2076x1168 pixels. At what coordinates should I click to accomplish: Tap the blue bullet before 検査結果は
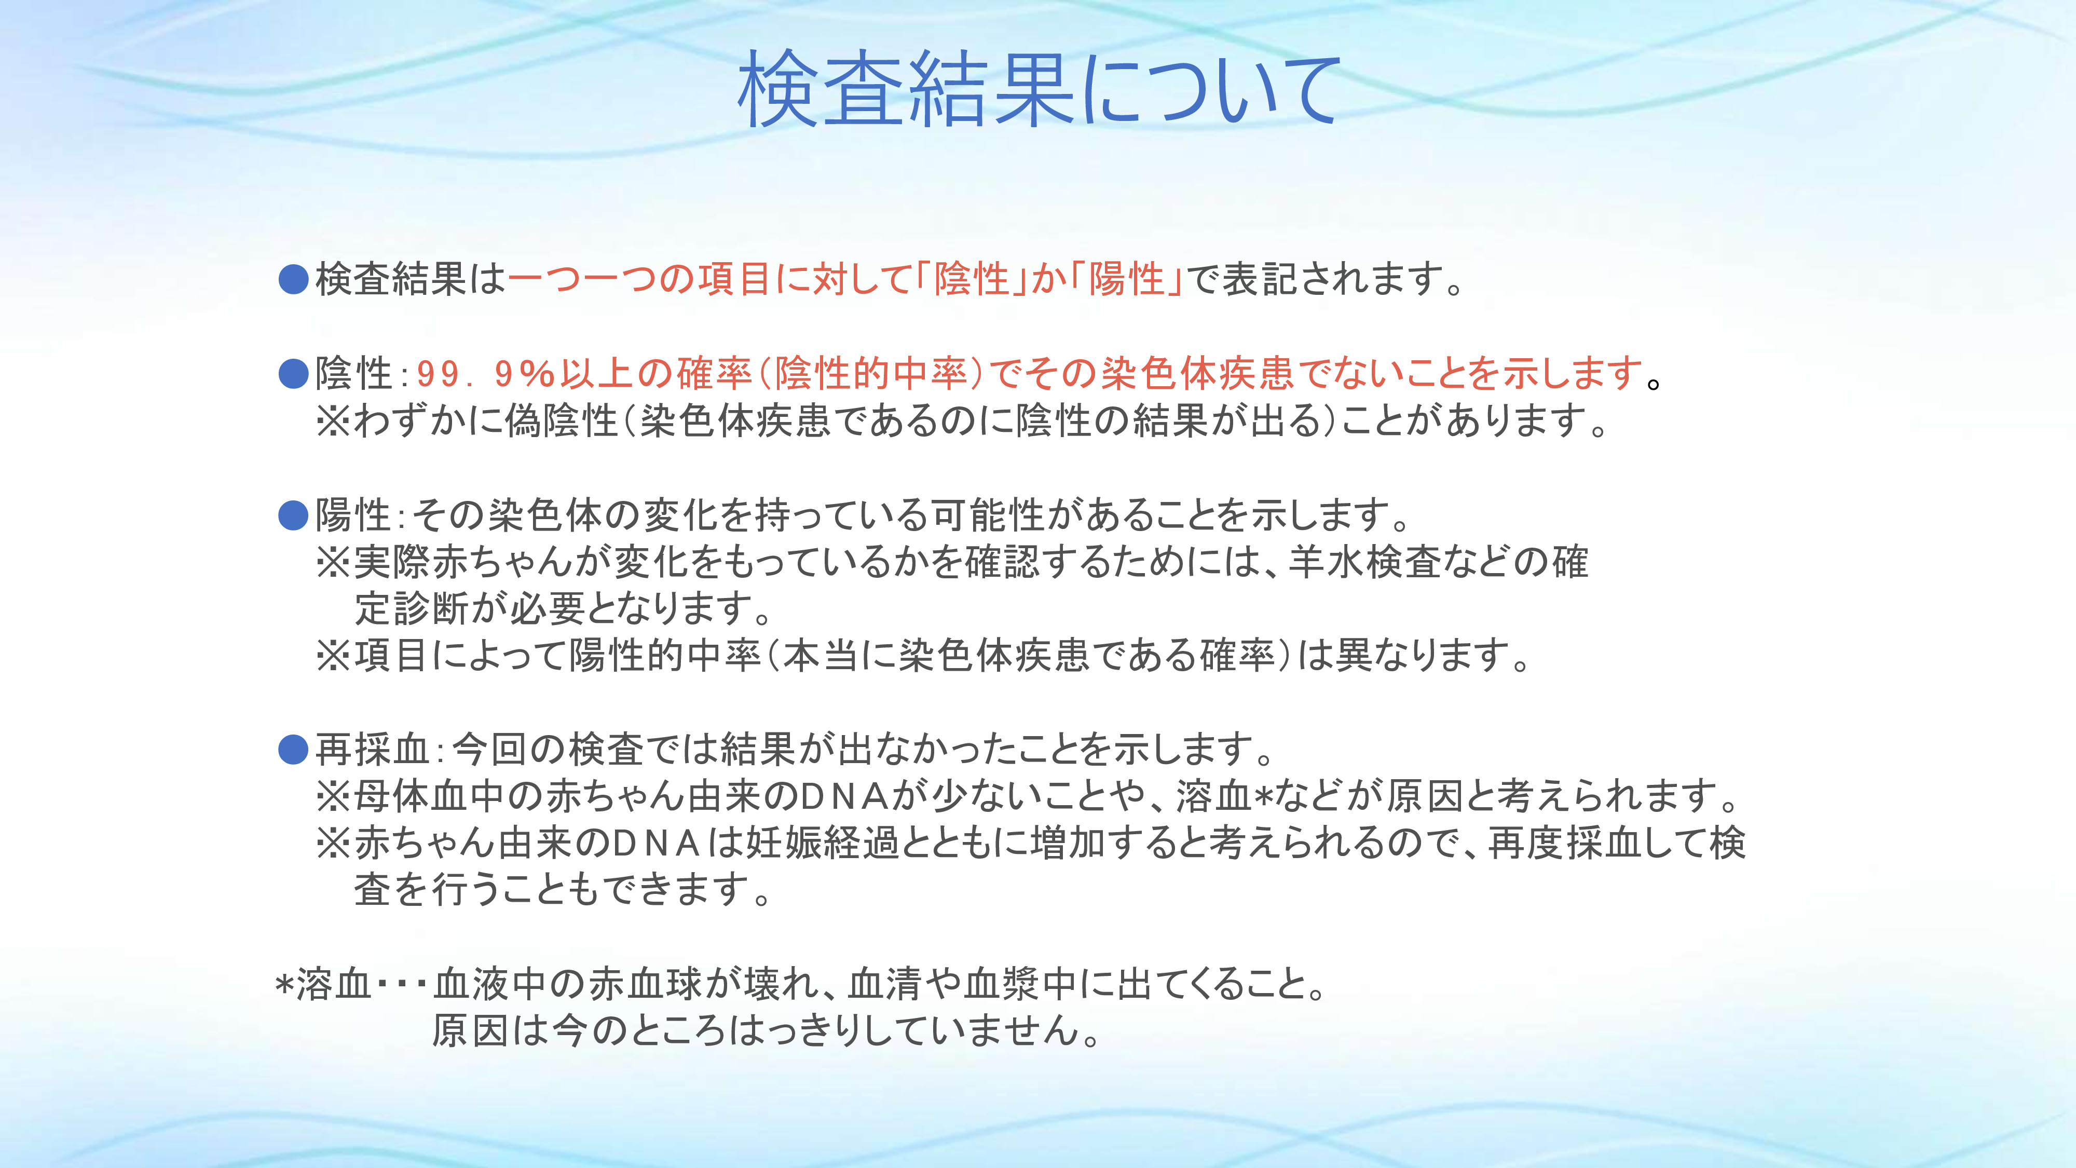tap(293, 280)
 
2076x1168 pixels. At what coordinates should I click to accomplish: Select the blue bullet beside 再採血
tap(293, 750)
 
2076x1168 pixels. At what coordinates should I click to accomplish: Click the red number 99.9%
tap(486, 373)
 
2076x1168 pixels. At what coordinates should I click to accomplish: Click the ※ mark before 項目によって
tap(334, 655)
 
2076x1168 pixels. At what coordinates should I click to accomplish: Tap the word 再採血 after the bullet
tap(372, 750)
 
